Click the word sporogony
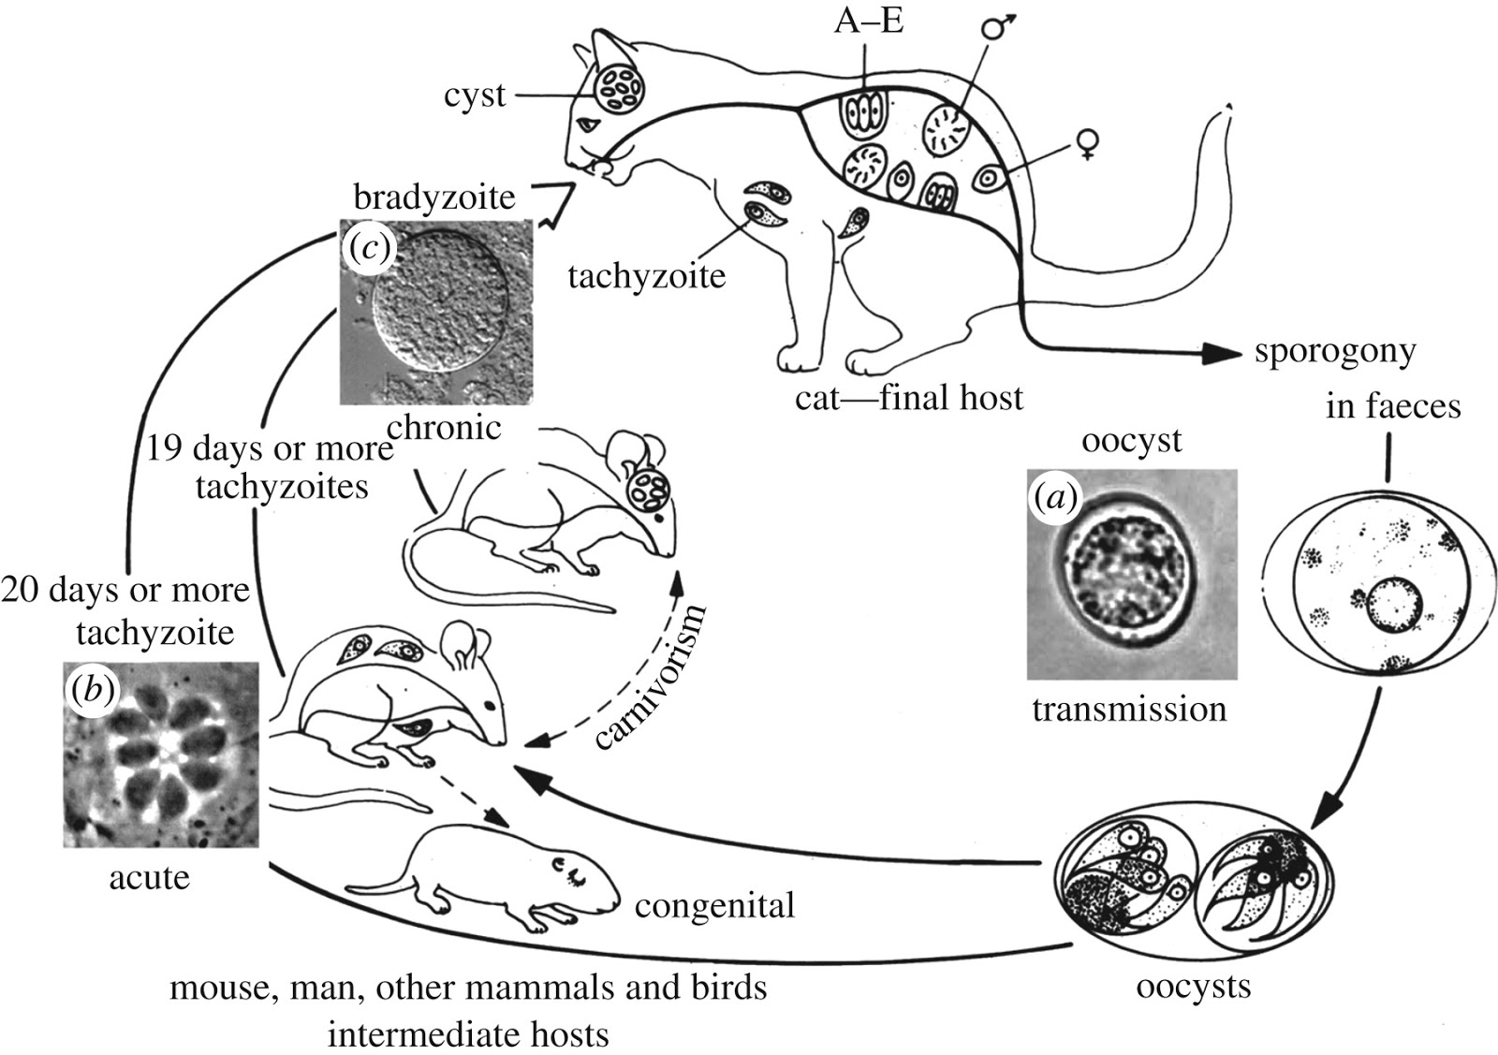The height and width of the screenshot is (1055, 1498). [1334, 353]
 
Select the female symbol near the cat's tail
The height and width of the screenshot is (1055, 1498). [1087, 143]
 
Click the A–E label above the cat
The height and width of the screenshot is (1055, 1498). [869, 21]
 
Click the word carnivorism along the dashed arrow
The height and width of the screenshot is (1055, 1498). [649, 677]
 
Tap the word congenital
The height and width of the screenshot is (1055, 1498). [714, 905]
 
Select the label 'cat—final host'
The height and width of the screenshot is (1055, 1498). [909, 398]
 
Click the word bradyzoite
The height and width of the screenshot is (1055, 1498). [434, 198]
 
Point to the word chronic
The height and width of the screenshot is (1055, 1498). [444, 428]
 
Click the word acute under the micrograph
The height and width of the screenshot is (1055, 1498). [150, 877]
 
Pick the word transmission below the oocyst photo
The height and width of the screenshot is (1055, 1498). [1129, 709]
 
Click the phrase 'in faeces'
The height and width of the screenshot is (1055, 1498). [1393, 406]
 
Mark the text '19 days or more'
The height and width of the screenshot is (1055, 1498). [270, 448]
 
